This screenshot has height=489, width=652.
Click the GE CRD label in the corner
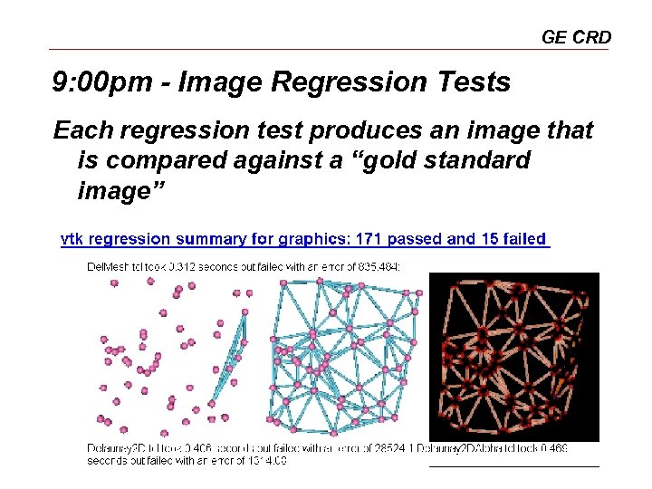pyautogui.click(x=576, y=37)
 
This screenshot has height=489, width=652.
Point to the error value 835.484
pyautogui.click(x=379, y=266)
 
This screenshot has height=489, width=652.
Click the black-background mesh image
pyautogui.click(x=513, y=357)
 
